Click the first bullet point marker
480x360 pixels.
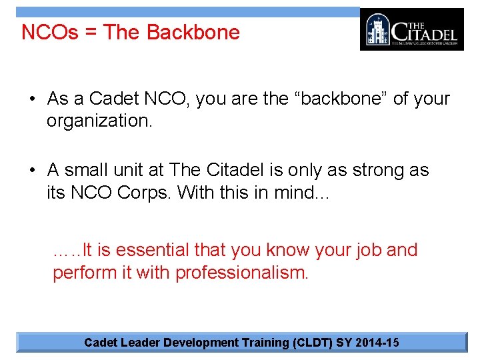32,99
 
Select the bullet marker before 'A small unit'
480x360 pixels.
32,171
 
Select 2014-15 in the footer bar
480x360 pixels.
377,343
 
